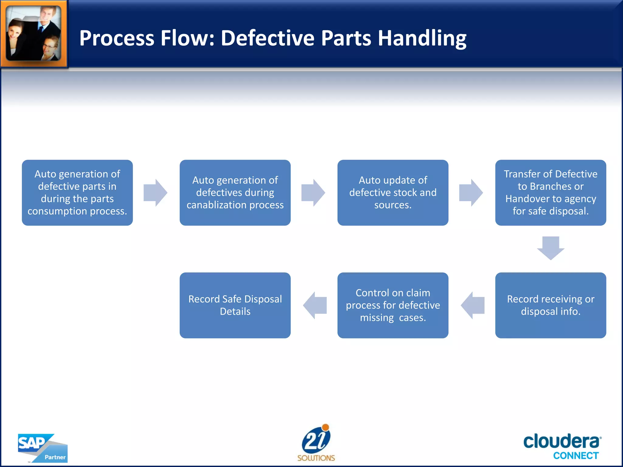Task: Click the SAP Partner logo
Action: coord(42,448)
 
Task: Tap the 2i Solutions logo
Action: coord(316,443)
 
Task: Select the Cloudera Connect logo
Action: coord(562,446)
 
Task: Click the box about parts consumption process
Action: coord(77,193)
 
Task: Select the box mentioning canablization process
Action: coord(235,193)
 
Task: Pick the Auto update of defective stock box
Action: coord(393,193)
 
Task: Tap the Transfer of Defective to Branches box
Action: coord(550,193)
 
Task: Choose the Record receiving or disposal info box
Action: coord(550,305)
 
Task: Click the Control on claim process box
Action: coord(393,305)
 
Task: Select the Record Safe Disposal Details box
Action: coord(235,305)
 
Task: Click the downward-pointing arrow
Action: coord(551,248)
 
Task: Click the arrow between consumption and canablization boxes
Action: coord(155,193)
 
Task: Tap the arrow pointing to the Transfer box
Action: coord(471,193)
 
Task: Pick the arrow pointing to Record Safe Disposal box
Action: coord(315,305)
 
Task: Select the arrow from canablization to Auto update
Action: coord(313,193)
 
